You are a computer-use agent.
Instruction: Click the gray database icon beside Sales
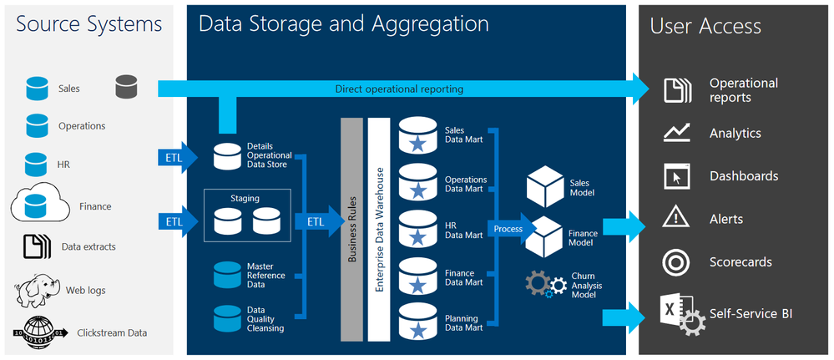pos(127,87)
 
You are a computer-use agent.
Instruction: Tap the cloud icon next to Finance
pos(37,203)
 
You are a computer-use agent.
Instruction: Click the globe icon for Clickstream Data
pos(37,331)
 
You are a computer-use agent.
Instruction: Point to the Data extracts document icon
pos(37,247)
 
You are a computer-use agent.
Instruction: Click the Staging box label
pos(245,199)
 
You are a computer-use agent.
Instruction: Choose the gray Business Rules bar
pos(351,230)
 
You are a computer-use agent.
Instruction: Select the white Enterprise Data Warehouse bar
pos(380,230)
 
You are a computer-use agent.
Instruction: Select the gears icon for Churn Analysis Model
pos(543,283)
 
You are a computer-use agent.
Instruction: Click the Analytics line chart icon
pos(675,133)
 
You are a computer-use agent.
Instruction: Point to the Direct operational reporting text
pos(399,89)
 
